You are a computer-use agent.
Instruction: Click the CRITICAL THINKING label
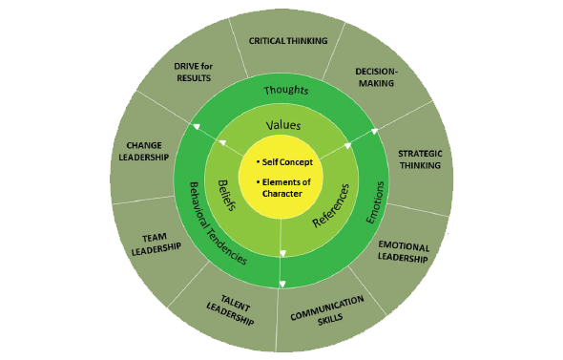[287, 40]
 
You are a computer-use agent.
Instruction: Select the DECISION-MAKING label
[375, 76]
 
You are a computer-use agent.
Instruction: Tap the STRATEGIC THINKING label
[419, 159]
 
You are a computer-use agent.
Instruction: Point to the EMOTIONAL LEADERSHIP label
[404, 251]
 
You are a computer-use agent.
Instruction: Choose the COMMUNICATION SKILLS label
[326, 309]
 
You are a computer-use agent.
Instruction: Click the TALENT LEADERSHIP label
[231, 311]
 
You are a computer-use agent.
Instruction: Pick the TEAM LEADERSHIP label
[155, 244]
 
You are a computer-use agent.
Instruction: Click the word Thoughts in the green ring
[285, 90]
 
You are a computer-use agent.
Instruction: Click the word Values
[282, 124]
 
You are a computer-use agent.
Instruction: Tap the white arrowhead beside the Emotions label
[347, 146]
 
